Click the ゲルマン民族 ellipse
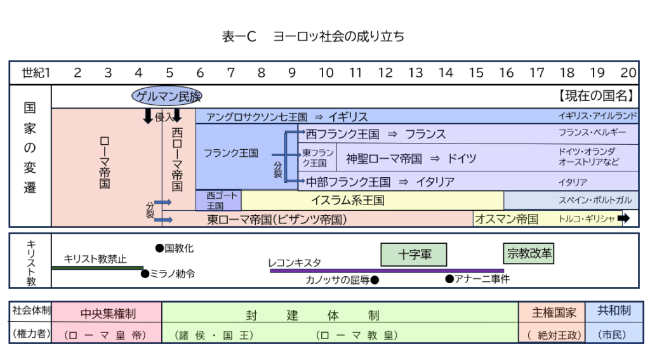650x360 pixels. tap(167, 97)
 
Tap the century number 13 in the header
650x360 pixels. tap(415, 72)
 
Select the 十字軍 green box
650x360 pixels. tap(415, 255)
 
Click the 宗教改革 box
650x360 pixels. tap(528, 254)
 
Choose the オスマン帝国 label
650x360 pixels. tap(507, 219)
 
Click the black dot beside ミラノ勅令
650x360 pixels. tap(145, 274)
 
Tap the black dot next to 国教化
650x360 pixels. tap(159, 248)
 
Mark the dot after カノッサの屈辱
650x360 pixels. tap(375, 279)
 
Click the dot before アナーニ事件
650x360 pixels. tap(449, 278)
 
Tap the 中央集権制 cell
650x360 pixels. tap(108, 313)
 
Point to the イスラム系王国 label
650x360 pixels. tap(347, 201)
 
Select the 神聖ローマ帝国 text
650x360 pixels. tap(383, 159)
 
